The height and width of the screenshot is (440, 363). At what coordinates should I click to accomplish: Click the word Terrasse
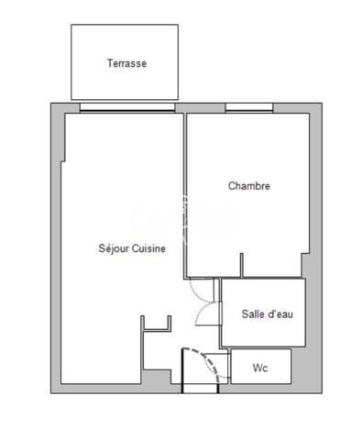click(x=126, y=63)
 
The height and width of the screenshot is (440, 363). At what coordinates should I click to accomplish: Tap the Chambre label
click(x=249, y=186)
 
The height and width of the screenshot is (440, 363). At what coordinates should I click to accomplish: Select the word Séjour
click(x=114, y=248)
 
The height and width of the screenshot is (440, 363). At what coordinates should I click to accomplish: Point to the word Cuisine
click(x=148, y=248)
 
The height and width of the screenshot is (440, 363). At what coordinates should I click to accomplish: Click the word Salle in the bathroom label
click(x=253, y=313)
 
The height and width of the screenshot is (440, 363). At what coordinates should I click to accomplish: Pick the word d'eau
click(x=280, y=313)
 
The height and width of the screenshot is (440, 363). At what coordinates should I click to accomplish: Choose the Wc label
click(x=260, y=368)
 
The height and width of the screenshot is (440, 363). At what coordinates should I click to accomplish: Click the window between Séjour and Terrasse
click(x=127, y=107)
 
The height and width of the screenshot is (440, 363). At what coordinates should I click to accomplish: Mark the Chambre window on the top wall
click(x=249, y=107)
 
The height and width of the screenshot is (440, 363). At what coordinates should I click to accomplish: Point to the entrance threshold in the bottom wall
click(x=201, y=388)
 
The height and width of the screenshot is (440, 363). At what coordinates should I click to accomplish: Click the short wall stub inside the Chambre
click(x=242, y=265)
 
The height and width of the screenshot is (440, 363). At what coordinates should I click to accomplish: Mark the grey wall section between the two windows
click(x=200, y=108)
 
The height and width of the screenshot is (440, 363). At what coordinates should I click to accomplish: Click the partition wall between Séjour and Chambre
click(x=185, y=195)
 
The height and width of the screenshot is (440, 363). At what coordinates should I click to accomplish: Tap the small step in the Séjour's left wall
click(x=63, y=161)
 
